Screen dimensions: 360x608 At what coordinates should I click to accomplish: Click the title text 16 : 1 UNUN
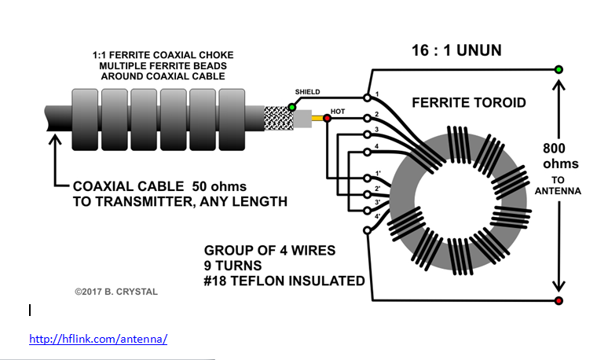[456, 51]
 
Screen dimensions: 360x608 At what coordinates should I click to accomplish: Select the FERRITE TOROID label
[469, 103]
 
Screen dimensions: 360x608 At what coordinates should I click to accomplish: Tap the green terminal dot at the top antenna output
[559, 69]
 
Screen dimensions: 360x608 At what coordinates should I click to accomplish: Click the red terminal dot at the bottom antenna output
[559, 301]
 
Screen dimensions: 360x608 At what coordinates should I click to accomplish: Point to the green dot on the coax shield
[291, 106]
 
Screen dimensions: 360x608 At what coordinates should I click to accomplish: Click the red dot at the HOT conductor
[327, 119]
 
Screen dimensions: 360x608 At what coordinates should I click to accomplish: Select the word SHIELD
[307, 92]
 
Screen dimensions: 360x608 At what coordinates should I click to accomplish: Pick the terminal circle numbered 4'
[367, 230]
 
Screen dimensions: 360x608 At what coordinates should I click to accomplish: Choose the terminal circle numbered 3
[367, 134]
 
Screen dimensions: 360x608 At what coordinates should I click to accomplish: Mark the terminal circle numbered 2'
[367, 193]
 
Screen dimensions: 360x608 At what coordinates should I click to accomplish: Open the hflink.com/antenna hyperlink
[98, 339]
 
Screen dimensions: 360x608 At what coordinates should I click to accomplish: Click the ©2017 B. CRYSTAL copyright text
[116, 292]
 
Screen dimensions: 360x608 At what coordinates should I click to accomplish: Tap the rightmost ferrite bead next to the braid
[233, 119]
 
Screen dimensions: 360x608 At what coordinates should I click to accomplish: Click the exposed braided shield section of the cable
[276, 119]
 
